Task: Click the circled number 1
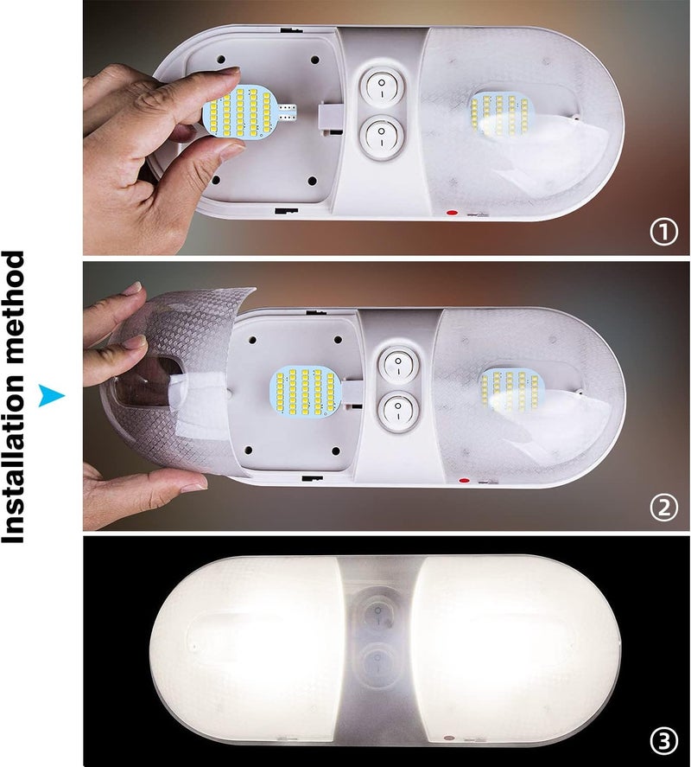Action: coord(663,233)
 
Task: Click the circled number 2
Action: coord(663,508)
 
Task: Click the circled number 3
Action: coord(663,742)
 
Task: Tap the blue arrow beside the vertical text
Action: coord(51,395)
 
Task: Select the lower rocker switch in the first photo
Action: coord(381,134)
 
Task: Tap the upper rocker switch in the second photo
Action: coord(399,364)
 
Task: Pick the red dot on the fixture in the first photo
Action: coord(452,214)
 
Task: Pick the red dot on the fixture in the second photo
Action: coord(464,481)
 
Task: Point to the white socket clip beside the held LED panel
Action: coord(328,118)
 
